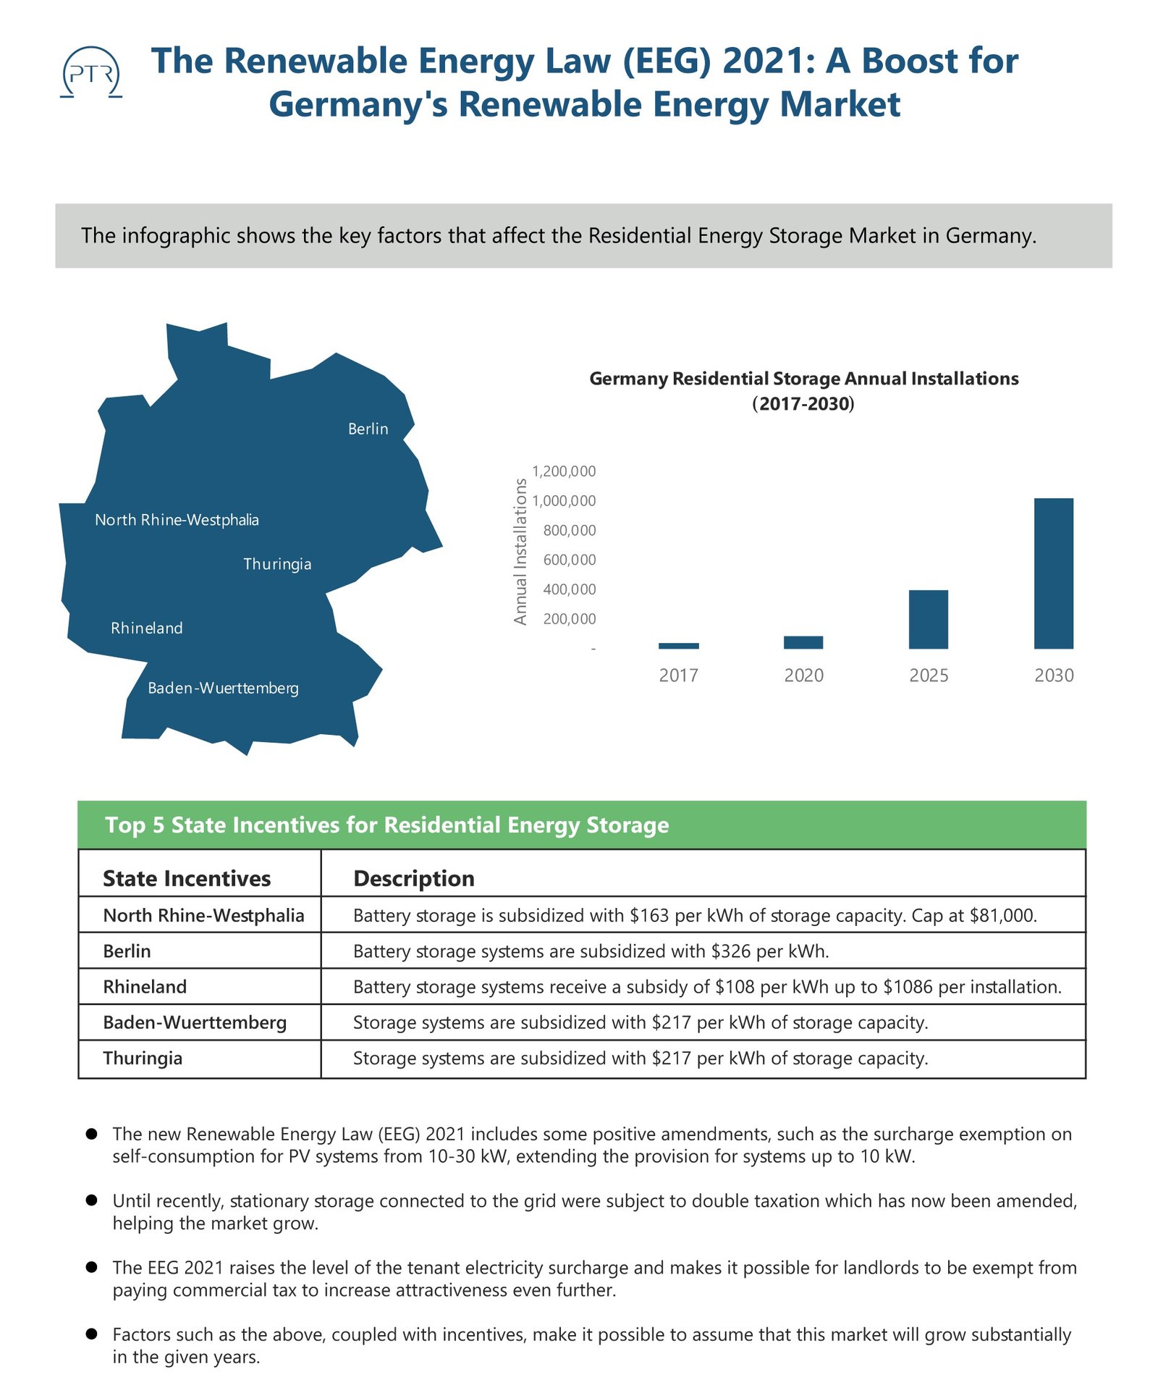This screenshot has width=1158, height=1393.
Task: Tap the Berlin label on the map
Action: (368, 429)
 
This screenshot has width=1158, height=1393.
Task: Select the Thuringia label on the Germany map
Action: (277, 564)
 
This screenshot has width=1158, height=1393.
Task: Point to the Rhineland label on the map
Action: (147, 628)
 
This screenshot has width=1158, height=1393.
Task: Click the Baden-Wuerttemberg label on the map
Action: (223, 688)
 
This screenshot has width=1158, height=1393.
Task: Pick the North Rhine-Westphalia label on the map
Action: (177, 520)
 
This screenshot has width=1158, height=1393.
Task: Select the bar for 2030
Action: (1053, 573)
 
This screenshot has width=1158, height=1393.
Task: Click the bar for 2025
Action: (928, 619)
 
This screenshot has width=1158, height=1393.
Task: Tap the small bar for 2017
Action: (678, 645)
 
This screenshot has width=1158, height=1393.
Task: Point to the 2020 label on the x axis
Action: (803, 676)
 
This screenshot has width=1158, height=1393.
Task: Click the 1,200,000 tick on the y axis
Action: (564, 471)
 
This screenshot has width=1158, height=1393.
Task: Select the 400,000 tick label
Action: (570, 589)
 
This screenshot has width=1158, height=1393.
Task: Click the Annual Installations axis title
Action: (520, 551)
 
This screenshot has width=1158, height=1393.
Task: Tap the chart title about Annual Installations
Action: (803, 390)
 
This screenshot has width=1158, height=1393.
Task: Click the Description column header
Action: (413, 878)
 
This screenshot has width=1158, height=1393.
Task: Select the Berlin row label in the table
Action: (127, 951)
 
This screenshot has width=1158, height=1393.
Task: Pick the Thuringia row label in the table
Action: (143, 1058)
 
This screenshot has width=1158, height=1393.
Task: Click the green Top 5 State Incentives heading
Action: (387, 825)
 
